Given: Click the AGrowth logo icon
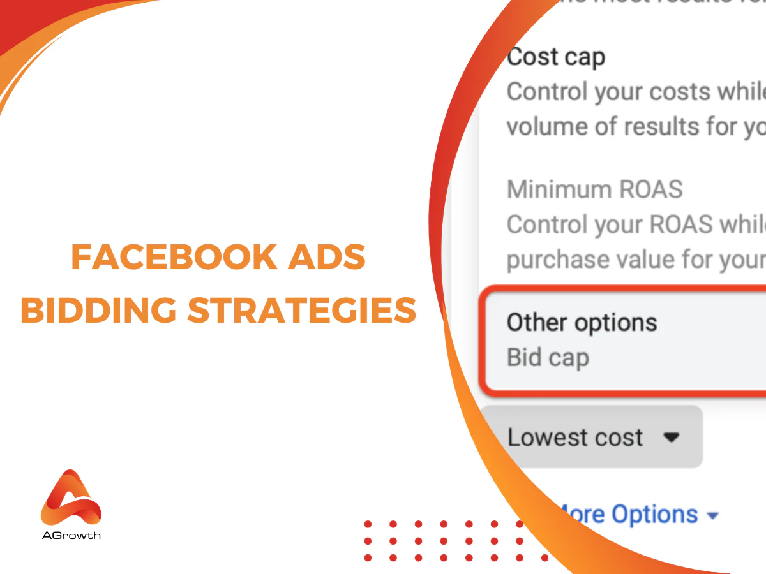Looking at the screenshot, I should pos(71,497).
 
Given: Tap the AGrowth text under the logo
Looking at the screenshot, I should pos(71,535).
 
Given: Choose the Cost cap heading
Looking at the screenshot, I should pos(555,57).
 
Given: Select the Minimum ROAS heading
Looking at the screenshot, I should pos(594,189).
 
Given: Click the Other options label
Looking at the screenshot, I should pos(582,323).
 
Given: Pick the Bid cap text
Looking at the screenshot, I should pos(548,357).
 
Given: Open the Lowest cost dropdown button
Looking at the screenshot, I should pos(591,438).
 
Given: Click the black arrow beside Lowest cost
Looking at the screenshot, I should pos(671,438).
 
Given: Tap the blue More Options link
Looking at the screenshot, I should pos(629,514).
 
